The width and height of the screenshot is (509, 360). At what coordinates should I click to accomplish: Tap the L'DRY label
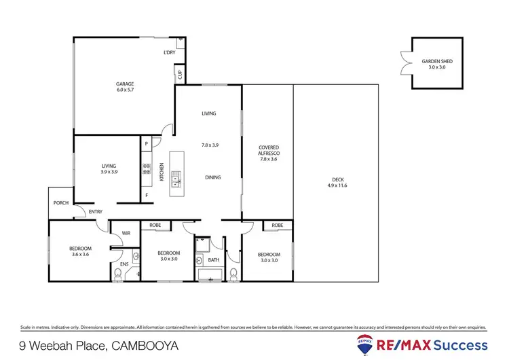[x=170, y=52]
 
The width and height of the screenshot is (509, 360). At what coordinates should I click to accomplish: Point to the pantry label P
[x=146, y=144]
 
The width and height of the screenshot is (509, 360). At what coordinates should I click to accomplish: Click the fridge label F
[x=146, y=196]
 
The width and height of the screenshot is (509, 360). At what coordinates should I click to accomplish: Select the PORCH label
[x=61, y=202]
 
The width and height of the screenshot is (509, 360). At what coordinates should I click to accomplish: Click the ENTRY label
[x=96, y=212]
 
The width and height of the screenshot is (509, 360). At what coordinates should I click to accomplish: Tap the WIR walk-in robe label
[x=126, y=233]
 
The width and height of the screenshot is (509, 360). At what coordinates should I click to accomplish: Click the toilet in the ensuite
[x=119, y=273]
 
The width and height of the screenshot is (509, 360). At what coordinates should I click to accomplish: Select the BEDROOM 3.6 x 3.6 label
[x=80, y=251]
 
